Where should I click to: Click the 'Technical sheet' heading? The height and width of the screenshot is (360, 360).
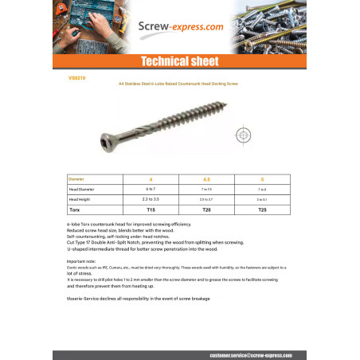179,61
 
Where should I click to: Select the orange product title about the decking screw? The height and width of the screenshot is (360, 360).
178,83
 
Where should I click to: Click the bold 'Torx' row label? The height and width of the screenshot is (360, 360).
76,208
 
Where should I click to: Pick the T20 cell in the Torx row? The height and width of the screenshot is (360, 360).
207,208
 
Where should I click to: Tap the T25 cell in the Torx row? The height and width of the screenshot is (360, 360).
263,208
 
